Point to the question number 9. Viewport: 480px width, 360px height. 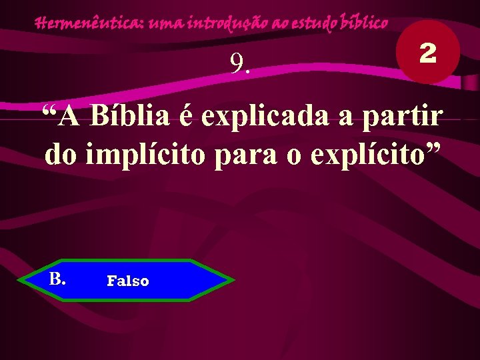(x=240, y=63)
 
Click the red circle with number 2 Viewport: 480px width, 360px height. (x=427, y=52)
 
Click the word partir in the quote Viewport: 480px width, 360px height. (x=408, y=118)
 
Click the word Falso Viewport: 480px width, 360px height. (x=128, y=281)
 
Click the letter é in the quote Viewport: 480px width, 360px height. (x=187, y=118)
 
